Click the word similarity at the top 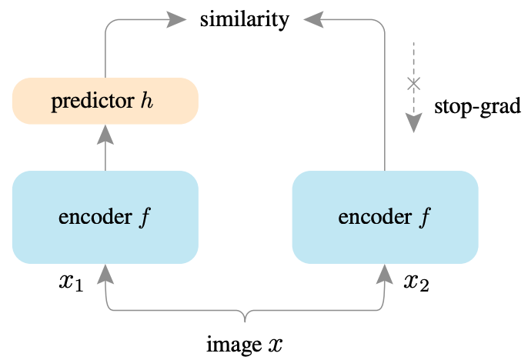point(244,19)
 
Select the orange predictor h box point(105,101)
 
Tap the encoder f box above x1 point(105,216)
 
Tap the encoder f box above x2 point(384,216)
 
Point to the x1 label point(69,282)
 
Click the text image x point(244,344)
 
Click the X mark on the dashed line point(414,82)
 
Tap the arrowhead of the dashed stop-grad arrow point(414,123)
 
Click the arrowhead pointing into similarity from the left point(178,19)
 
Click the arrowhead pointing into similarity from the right point(312,19)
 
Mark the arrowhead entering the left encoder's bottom point(105,272)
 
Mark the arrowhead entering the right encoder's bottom point(384,272)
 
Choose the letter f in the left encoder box point(145,217)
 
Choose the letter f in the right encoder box point(423,217)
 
